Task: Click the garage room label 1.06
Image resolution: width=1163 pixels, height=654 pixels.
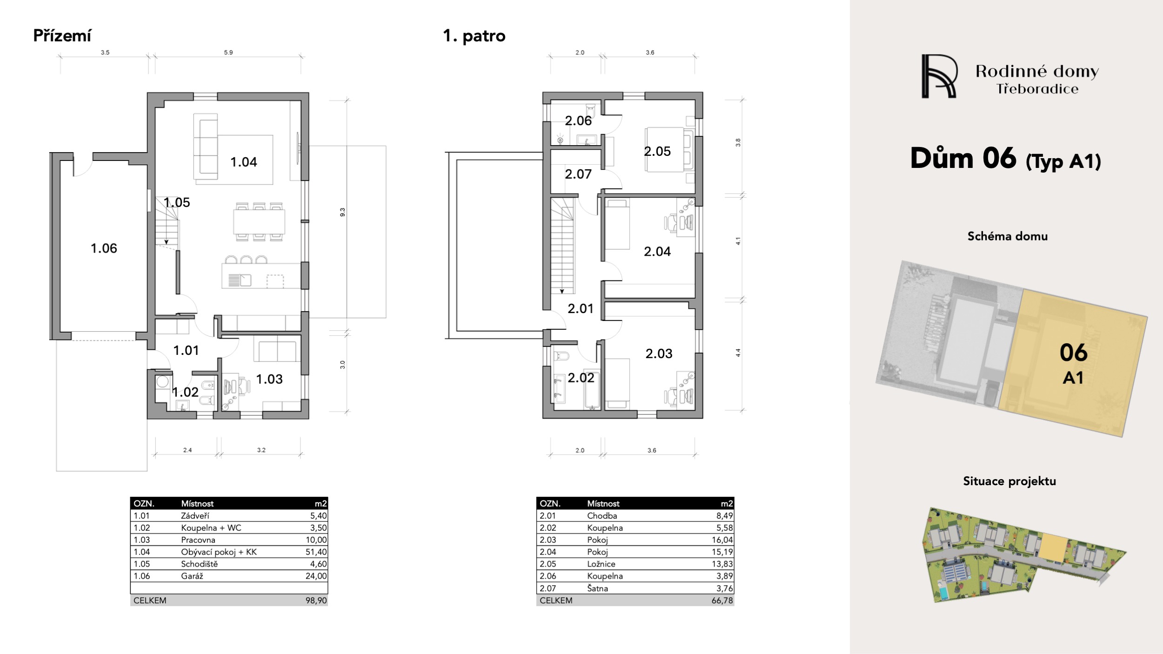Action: pyautogui.click(x=104, y=248)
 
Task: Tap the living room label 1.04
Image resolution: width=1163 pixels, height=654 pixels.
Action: pyautogui.click(x=244, y=162)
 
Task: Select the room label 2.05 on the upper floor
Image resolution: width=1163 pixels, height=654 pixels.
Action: pyautogui.click(x=657, y=151)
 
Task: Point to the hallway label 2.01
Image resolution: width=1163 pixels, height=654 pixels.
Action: pyautogui.click(x=581, y=308)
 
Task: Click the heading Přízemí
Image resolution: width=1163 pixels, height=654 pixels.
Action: pyautogui.click(x=62, y=36)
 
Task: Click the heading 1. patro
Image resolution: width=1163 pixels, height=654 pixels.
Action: pyautogui.click(x=474, y=36)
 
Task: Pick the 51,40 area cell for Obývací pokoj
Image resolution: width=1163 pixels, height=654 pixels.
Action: pyautogui.click(x=316, y=552)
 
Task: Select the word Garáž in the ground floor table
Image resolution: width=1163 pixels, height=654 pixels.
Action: pyautogui.click(x=192, y=576)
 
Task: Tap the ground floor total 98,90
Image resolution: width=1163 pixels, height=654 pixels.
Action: pyautogui.click(x=316, y=601)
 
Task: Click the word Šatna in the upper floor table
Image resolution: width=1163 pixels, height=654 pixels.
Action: pyautogui.click(x=597, y=588)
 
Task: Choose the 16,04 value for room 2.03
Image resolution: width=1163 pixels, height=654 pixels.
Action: pyautogui.click(x=722, y=540)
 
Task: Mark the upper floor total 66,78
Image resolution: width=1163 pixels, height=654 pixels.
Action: pyautogui.click(x=722, y=601)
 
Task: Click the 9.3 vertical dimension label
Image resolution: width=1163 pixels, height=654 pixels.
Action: pyautogui.click(x=343, y=212)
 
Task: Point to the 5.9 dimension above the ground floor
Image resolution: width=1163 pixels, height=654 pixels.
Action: pyautogui.click(x=228, y=53)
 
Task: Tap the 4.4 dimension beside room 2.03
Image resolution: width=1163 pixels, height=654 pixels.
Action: pyautogui.click(x=738, y=353)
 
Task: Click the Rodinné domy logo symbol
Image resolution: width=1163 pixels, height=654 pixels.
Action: pyautogui.click(x=939, y=76)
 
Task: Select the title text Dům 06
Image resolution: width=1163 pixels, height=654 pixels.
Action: pyautogui.click(x=963, y=159)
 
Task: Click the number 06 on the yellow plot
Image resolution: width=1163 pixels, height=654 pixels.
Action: pyautogui.click(x=1074, y=353)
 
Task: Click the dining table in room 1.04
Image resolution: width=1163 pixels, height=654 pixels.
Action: pyautogui.click(x=260, y=221)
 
